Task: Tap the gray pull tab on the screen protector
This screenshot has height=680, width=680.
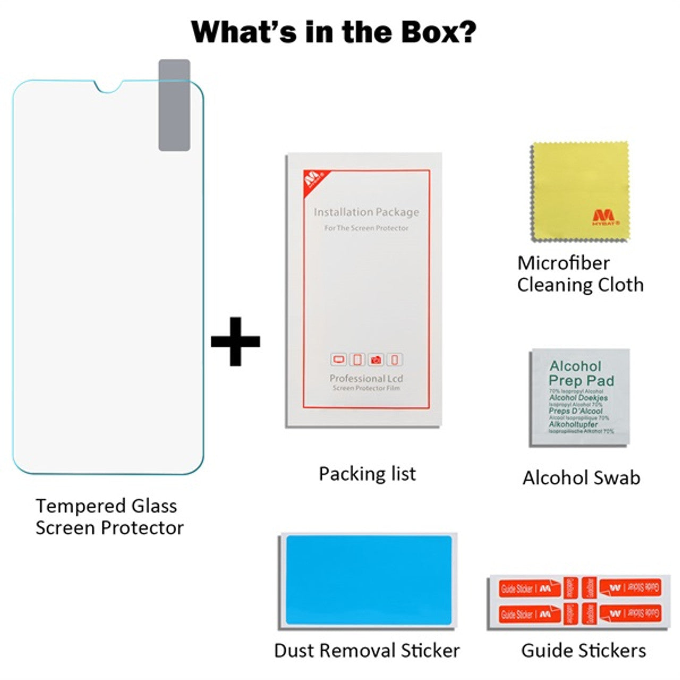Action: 174,105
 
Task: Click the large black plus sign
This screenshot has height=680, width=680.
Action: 235,341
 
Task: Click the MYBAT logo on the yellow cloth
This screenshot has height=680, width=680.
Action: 603,217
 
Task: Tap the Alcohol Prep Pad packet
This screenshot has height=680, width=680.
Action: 580,397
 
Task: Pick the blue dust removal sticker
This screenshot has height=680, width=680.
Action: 369,580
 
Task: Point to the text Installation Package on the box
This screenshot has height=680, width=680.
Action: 366,212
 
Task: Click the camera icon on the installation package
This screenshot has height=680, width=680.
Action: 376,360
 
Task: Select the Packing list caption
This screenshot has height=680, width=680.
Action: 367,473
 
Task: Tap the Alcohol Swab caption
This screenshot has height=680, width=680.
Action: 581,478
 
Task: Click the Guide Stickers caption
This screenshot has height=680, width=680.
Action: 583,650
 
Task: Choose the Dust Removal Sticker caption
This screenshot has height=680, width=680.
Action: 367,650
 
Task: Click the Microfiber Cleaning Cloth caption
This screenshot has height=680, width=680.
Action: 580,274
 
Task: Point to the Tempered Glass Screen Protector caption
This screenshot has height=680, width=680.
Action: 109,516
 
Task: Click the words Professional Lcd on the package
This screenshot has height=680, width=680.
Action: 366,378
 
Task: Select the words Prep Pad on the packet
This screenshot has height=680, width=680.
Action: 581,380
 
